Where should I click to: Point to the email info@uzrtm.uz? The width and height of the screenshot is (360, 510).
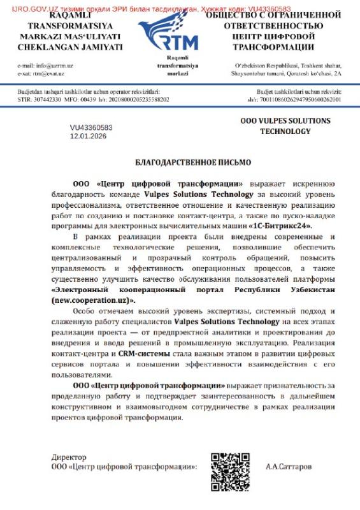(53, 66)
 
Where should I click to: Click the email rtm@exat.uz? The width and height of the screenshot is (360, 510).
(50, 74)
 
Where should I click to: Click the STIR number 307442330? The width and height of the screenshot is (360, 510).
(47, 100)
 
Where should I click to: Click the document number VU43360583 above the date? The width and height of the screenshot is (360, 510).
(91, 127)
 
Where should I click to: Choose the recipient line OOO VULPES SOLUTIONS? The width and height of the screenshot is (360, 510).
(285, 120)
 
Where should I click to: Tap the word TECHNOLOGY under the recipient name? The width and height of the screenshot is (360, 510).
(285, 131)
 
